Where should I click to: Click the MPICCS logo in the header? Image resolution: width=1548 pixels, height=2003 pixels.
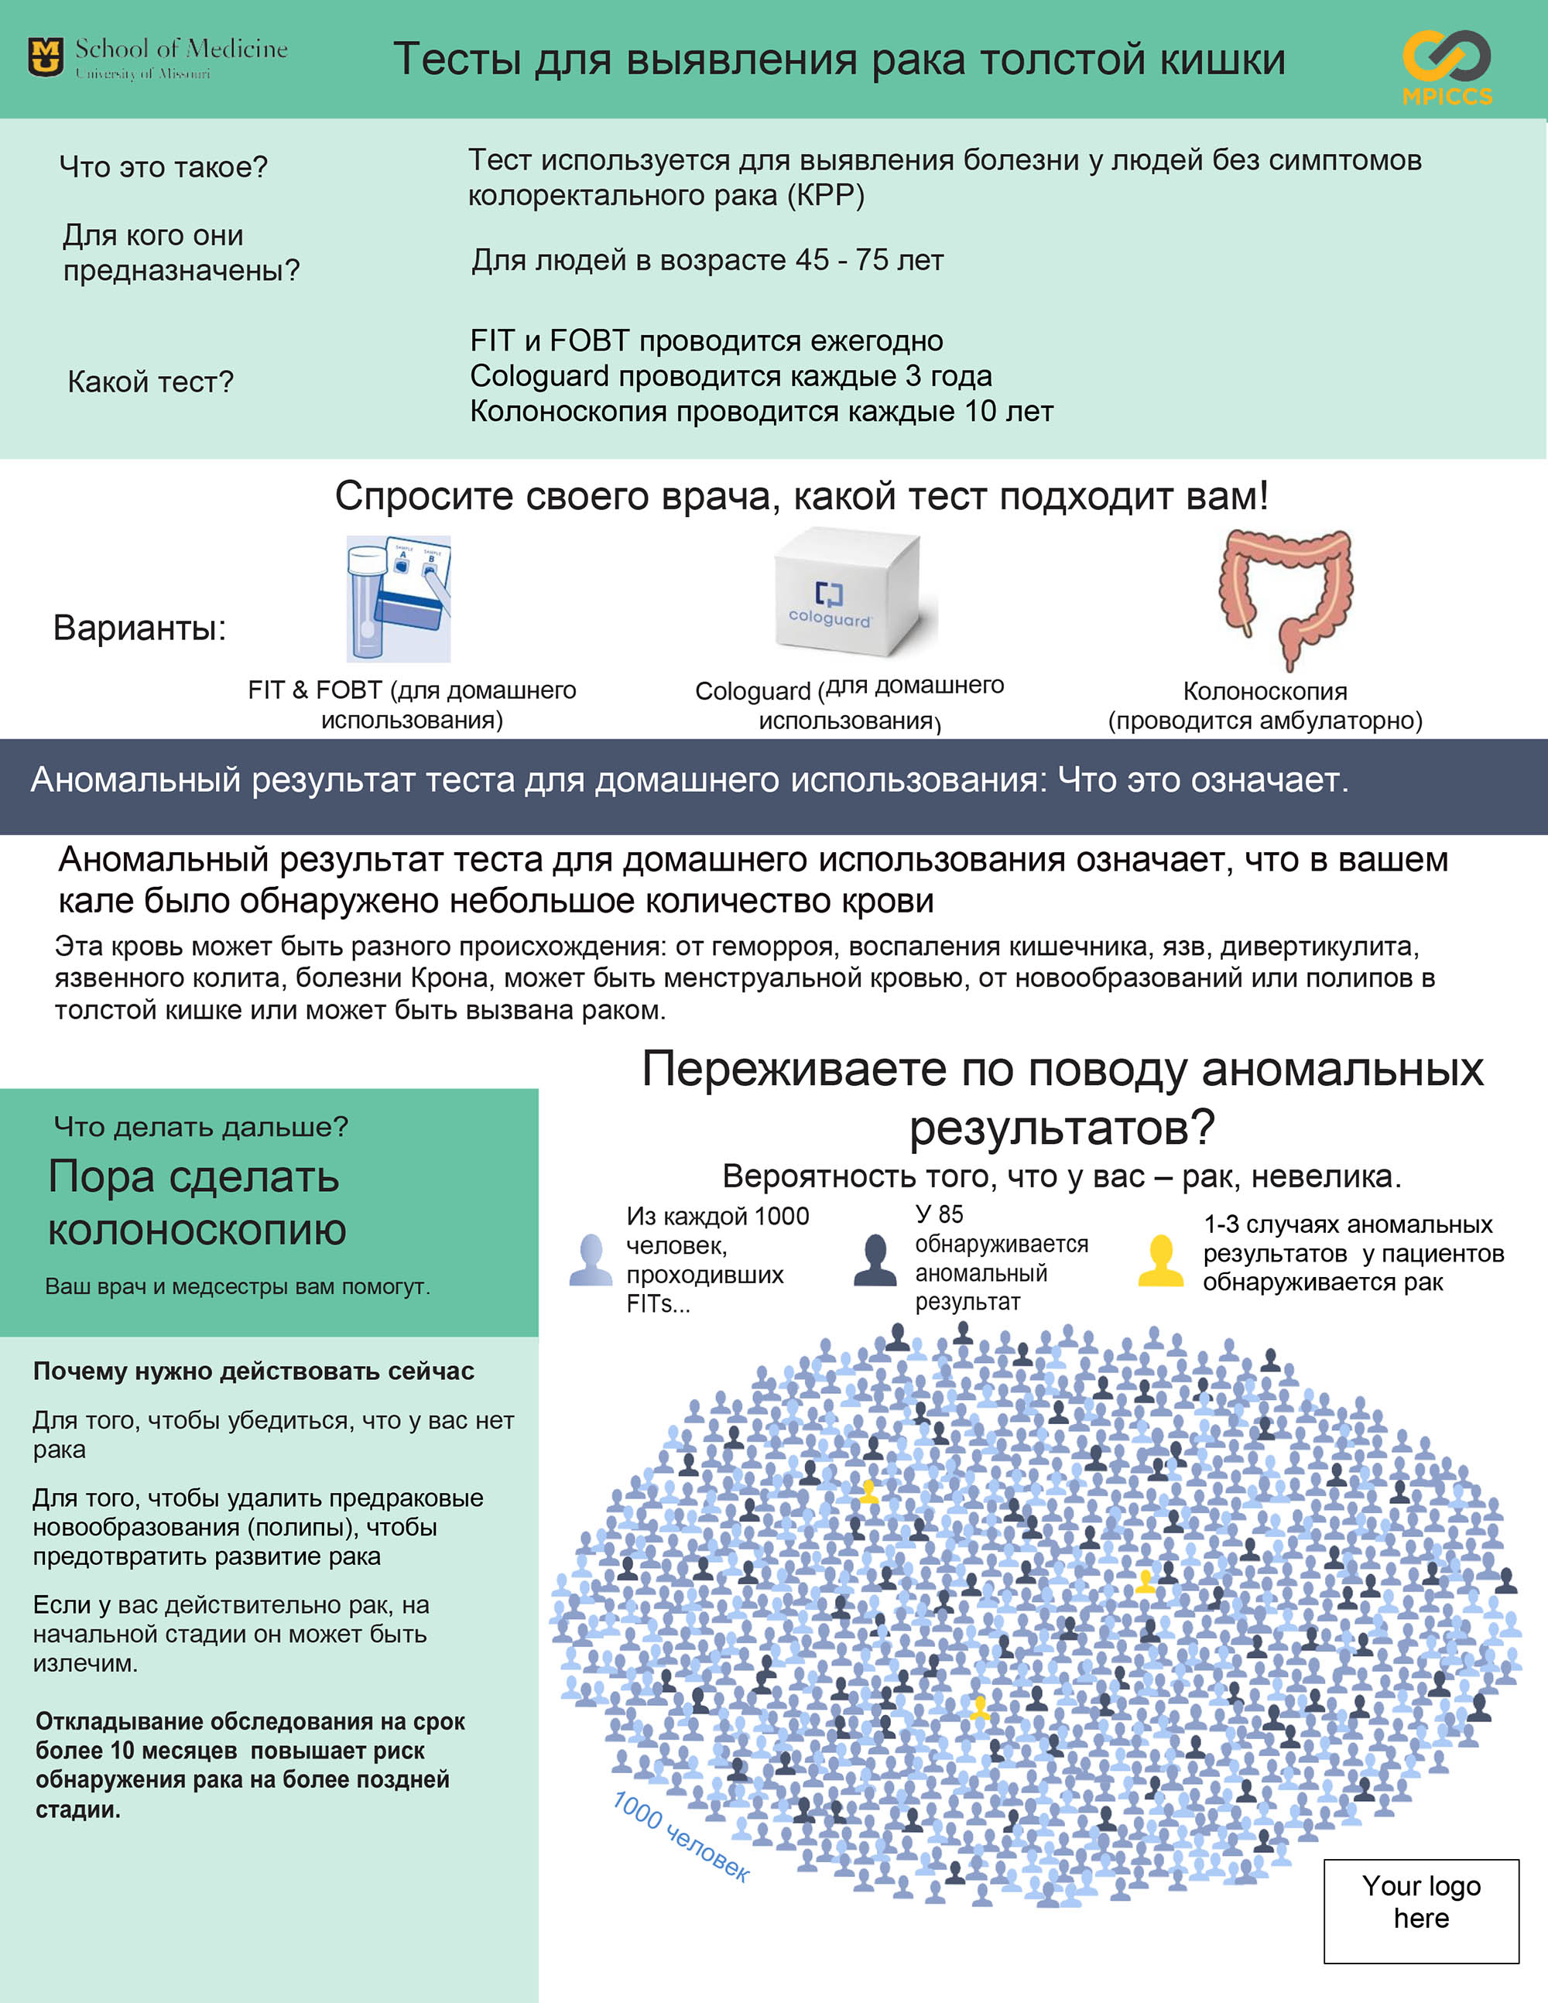(1446, 66)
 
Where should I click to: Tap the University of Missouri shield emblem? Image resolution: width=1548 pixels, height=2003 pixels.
(46, 58)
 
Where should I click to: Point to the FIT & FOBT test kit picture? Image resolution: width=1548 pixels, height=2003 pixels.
(399, 599)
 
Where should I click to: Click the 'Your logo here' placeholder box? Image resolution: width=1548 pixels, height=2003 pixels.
(1420, 1912)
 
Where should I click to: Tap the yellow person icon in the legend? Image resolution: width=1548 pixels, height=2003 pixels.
(1160, 1260)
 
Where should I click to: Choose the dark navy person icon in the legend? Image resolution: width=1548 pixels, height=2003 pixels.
(875, 1260)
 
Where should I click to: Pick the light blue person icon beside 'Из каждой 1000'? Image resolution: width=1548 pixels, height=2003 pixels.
(591, 1260)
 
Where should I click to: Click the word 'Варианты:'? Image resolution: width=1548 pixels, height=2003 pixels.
(139, 628)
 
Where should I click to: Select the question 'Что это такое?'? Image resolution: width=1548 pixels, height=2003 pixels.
(163, 167)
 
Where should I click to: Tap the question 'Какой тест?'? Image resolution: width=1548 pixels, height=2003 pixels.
(150, 382)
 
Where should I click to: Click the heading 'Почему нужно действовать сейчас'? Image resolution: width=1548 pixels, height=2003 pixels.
(253, 1371)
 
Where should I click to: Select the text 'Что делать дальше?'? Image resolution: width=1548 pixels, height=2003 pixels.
(200, 1127)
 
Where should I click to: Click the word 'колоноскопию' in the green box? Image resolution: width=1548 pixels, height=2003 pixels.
(197, 1230)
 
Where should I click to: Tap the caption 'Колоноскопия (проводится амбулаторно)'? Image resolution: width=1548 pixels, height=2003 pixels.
(1265, 705)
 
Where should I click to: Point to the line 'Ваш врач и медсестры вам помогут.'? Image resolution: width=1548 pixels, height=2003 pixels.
(238, 1287)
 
